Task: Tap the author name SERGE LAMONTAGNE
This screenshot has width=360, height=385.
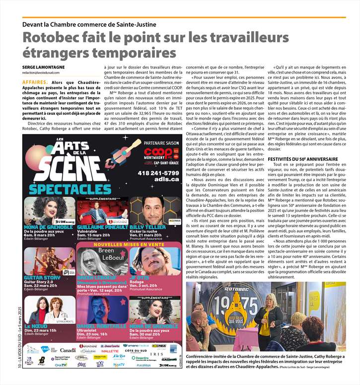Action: (43, 67)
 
